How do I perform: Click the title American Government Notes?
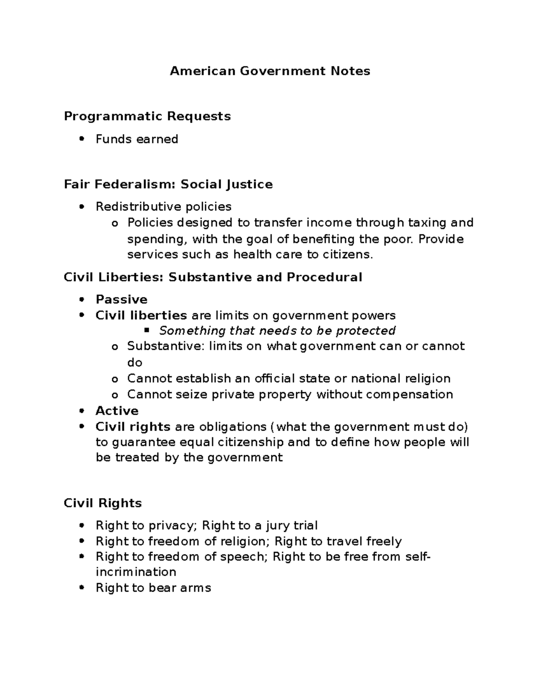(x=270, y=71)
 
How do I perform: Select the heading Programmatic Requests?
(x=147, y=116)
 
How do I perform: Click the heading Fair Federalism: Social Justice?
(x=168, y=184)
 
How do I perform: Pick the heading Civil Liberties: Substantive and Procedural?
(x=213, y=277)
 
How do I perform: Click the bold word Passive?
(x=121, y=299)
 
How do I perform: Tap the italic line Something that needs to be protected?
(x=277, y=330)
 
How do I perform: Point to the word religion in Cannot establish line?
(x=427, y=378)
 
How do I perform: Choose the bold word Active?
(x=117, y=411)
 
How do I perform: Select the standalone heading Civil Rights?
(x=103, y=503)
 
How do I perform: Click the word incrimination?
(x=136, y=572)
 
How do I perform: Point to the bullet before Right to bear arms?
(x=82, y=588)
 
